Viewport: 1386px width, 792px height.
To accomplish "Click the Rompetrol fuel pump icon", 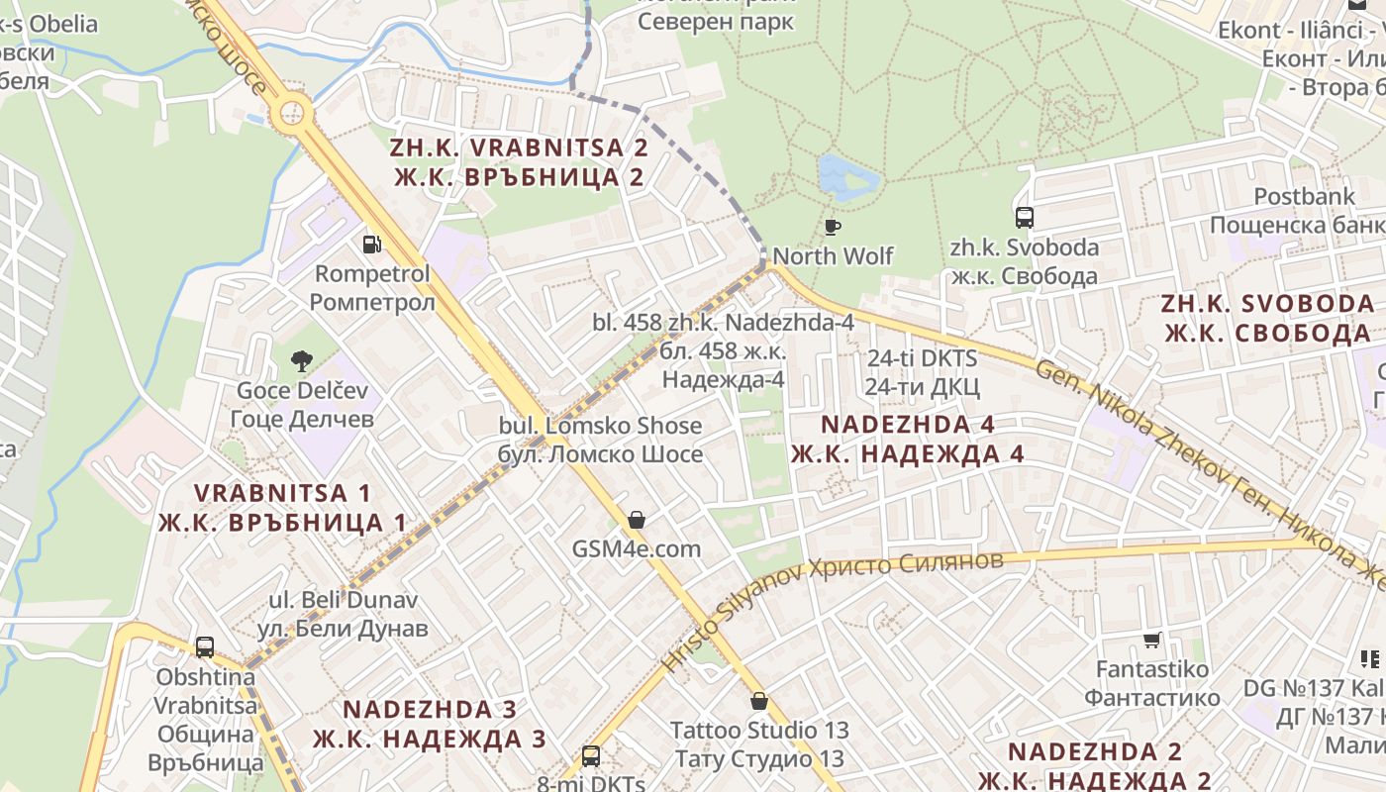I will point(372,244).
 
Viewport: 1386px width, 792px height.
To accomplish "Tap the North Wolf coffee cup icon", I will point(833,227).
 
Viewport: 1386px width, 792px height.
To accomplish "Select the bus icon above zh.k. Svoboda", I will point(1025,217).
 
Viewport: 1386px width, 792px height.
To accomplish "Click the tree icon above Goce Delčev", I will point(302,361).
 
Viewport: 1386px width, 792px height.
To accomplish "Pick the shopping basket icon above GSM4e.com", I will point(637,520).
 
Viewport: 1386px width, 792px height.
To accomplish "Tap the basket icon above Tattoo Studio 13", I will point(759,701).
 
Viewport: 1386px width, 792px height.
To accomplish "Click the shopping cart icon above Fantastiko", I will point(1151,641).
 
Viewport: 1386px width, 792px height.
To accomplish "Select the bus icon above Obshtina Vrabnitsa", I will point(205,647).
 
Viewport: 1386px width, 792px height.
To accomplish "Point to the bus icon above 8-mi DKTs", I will point(591,756).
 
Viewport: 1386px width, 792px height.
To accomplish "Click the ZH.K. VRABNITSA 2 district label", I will point(520,162).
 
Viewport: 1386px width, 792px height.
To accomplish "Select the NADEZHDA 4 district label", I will point(908,439).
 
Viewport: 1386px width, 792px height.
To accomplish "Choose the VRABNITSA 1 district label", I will point(282,507).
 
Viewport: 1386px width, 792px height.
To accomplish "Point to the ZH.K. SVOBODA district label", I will point(1268,318).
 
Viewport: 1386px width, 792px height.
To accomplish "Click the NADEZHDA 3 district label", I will point(430,724).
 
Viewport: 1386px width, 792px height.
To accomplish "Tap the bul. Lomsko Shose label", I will point(601,440).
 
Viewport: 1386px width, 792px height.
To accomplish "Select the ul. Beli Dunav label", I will point(344,614).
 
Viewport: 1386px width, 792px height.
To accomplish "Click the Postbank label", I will point(1304,211).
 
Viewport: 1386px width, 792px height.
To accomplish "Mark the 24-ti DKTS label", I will point(923,371).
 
